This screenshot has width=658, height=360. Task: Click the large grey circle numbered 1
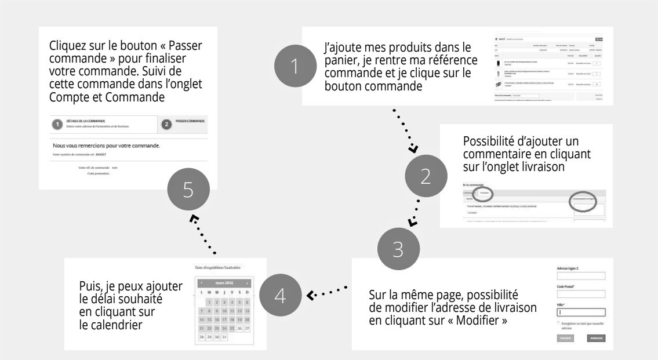pyautogui.click(x=296, y=66)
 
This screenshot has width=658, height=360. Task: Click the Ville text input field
pyautogui.click(x=580, y=312)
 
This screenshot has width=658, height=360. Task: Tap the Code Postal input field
pyautogui.click(x=580, y=294)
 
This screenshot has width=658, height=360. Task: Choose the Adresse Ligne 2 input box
pyautogui.click(x=580, y=276)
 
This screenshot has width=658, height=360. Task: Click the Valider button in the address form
pyautogui.click(x=565, y=338)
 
